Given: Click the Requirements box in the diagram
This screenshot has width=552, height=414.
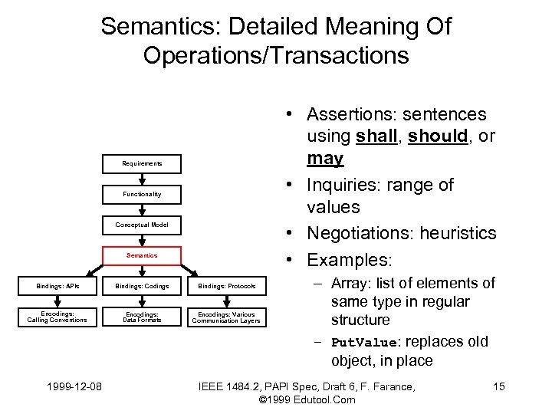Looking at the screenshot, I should tap(142, 163).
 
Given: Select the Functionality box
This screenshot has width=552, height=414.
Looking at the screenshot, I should tap(142, 194).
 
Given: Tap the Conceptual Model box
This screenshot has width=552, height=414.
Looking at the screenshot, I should tap(142, 225).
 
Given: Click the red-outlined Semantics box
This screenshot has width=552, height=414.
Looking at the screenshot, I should tap(142, 255).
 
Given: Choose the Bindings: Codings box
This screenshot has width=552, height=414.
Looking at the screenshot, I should tap(142, 286).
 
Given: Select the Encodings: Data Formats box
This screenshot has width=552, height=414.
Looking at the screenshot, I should tap(142, 317).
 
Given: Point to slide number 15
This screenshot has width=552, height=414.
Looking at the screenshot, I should tap(498, 386).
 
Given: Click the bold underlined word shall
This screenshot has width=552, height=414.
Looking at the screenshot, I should tap(376, 136).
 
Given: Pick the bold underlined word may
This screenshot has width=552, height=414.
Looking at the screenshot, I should tap(324, 159).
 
